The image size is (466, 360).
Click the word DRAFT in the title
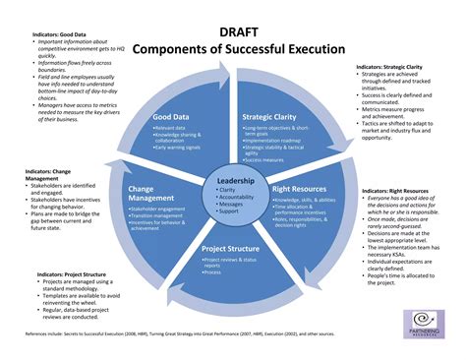click(x=233, y=31)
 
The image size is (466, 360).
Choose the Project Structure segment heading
click(x=231, y=249)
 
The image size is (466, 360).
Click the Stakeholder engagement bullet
click(x=160, y=210)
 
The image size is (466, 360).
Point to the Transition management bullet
click(x=158, y=216)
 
